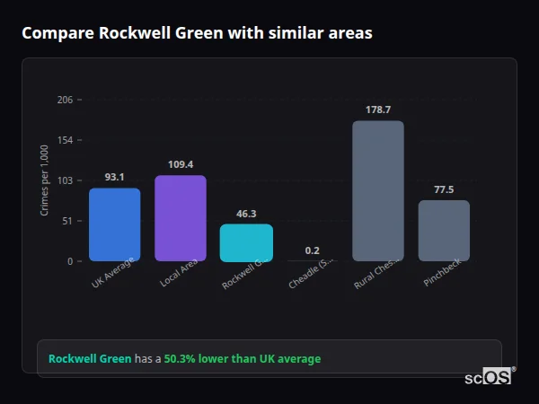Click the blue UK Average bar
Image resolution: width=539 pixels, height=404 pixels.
pyautogui.click(x=114, y=224)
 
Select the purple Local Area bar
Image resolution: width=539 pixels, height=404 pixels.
pyautogui.click(x=180, y=218)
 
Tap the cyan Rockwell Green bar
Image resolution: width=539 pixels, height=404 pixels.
pyautogui.click(x=246, y=242)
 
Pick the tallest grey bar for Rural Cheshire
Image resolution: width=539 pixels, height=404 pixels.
pyautogui.click(x=377, y=190)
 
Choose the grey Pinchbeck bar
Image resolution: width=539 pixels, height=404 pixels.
pyautogui.click(x=444, y=231)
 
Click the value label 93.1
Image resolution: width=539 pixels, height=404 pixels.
pyautogui.click(x=114, y=177)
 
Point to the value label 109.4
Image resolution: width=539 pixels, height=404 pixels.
pyautogui.click(x=180, y=164)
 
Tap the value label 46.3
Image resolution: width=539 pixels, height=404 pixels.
pyautogui.click(x=246, y=214)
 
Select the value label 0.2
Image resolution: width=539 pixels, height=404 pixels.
pyautogui.click(x=312, y=250)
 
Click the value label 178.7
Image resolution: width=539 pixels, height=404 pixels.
pyautogui.click(x=377, y=110)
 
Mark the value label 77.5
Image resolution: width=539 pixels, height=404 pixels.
pyautogui.click(x=444, y=189)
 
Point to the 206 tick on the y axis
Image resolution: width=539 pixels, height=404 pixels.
pyautogui.click(x=65, y=100)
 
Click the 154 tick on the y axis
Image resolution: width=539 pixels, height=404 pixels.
pyautogui.click(x=65, y=140)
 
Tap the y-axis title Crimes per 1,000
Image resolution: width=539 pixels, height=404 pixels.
pyautogui.click(x=45, y=180)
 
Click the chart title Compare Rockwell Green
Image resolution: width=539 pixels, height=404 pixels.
pyautogui.click(x=197, y=33)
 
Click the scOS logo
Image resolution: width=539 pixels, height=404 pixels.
pyautogui.click(x=489, y=377)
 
